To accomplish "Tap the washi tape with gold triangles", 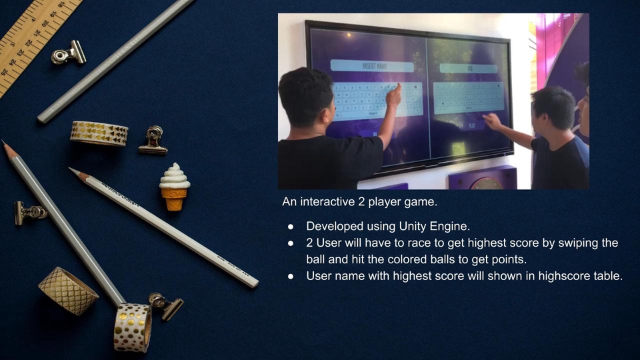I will [x=99, y=133].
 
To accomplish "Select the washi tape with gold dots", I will [x=132, y=327].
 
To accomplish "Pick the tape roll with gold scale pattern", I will [x=68, y=291].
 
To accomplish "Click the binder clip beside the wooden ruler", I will [x=69, y=53].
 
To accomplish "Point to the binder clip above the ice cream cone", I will [x=153, y=141].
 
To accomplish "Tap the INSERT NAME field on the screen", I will [x=372, y=66].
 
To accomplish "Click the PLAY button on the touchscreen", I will [x=472, y=125].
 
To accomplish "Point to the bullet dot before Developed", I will [x=291, y=227].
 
